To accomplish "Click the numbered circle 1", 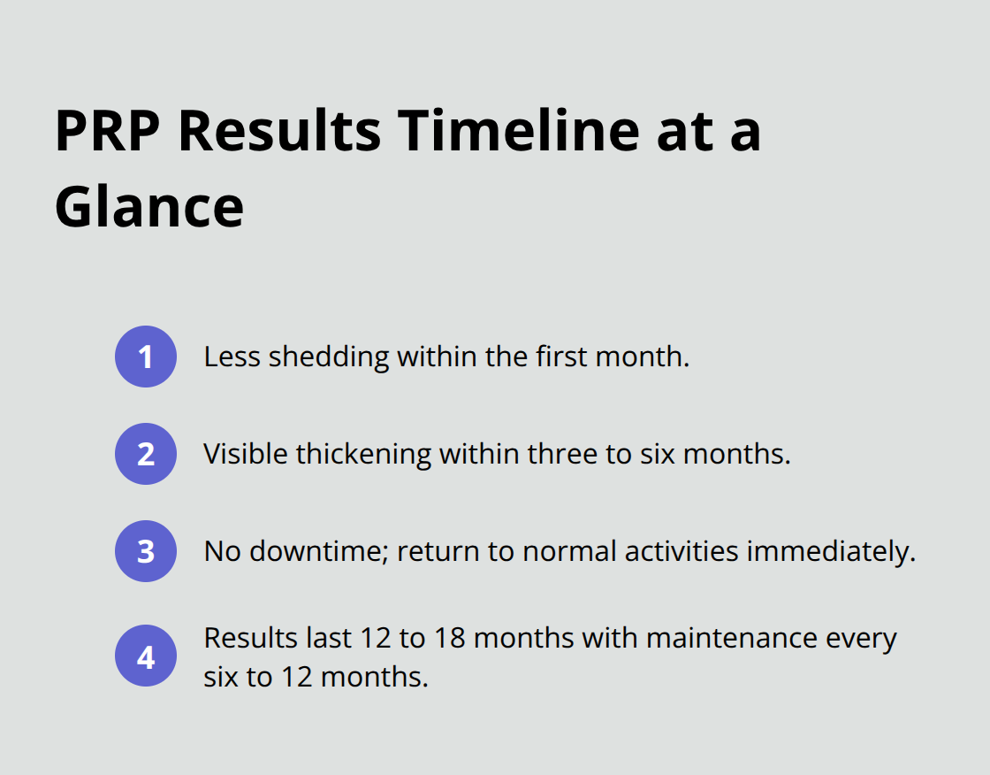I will point(146,357).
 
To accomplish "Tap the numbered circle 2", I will point(146,454).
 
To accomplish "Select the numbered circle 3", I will point(146,551).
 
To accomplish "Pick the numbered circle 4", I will point(146,658).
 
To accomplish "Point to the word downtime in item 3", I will point(318,552).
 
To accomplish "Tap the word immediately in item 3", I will point(831,552).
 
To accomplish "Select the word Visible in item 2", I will point(246,455).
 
